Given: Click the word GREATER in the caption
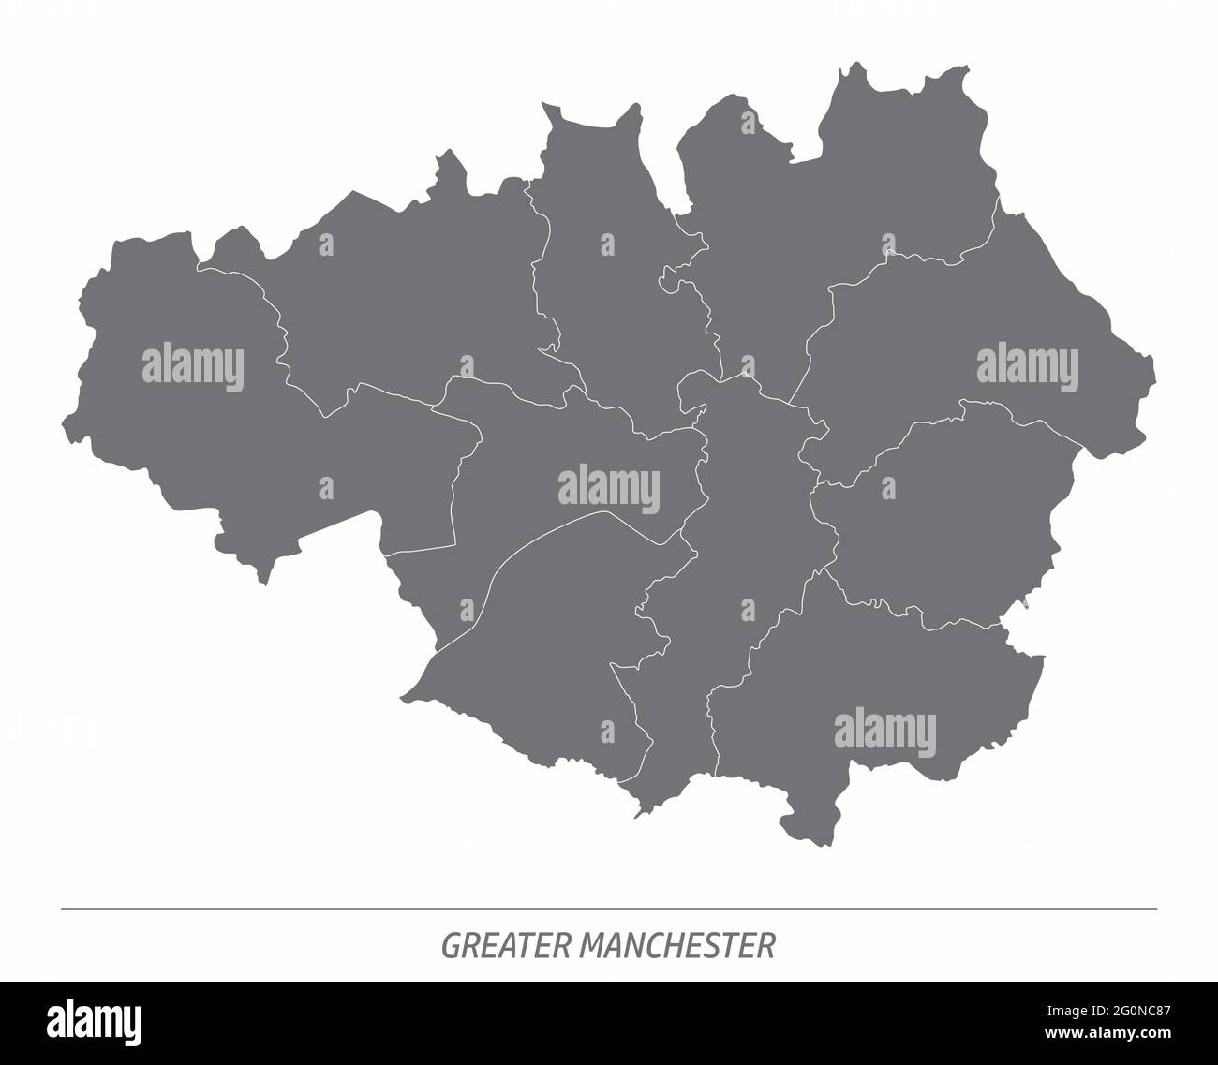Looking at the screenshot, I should click(x=506, y=946).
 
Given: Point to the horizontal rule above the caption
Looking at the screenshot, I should click(x=609, y=909).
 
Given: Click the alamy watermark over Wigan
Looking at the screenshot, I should click(x=193, y=366).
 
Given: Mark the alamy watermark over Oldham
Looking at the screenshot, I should click(x=1027, y=365).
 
